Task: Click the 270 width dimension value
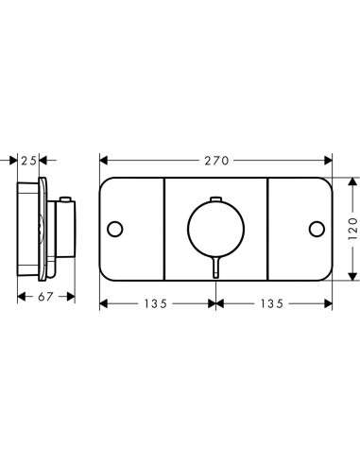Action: (216, 161)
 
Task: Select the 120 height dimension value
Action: (353, 229)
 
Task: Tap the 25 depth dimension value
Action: (28, 161)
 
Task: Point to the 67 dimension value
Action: (45, 297)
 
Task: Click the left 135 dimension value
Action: (156, 303)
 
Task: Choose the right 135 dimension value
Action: (272, 303)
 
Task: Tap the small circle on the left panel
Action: (115, 229)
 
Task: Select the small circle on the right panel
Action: (317, 229)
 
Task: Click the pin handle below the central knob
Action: (215, 267)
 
